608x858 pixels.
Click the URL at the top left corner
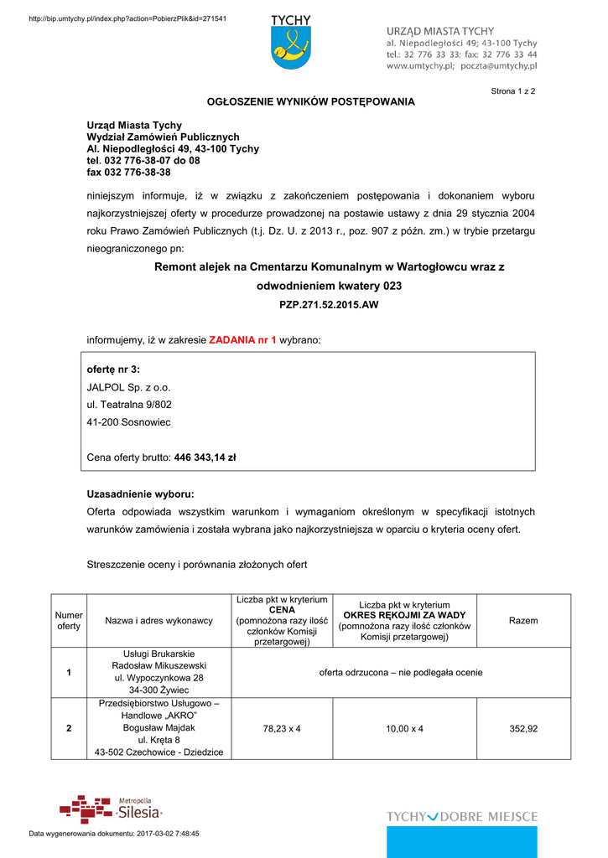tap(127, 18)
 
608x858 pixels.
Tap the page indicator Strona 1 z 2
tap(513, 90)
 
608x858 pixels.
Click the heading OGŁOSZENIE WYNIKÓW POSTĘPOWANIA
tap(311, 102)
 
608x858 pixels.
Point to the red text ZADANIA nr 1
tap(242, 340)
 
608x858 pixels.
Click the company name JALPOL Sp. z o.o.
tap(128, 387)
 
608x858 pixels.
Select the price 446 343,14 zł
tap(205, 457)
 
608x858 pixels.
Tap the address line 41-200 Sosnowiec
tap(128, 422)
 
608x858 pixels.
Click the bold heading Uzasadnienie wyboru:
tap(140, 494)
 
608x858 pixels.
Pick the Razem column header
tap(523, 621)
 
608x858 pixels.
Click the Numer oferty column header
tap(69, 621)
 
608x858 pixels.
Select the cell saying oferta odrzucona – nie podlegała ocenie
tap(401, 672)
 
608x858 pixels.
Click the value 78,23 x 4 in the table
tap(282, 729)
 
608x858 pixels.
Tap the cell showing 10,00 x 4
tap(404, 729)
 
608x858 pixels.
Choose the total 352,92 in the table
tap(523, 729)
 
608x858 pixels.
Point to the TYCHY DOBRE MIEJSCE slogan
tap(462, 816)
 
